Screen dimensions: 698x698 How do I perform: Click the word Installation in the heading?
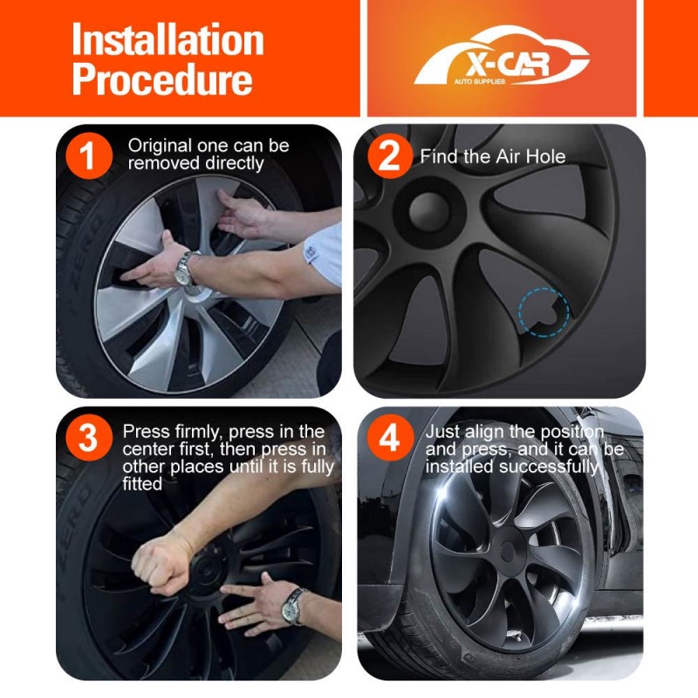(x=168, y=39)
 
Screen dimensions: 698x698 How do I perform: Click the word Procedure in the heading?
(x=162, y=79)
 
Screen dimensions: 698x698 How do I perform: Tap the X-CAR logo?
(x=502, y=56)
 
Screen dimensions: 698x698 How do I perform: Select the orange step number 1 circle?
(x=88, y=156)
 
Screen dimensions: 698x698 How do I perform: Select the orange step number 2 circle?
(x=389, y=156)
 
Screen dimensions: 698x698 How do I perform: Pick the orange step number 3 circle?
(x=88, y=438)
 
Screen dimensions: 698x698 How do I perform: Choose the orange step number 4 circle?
(x=389, y=438)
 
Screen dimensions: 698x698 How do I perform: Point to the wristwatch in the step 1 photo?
(x=184, y=269)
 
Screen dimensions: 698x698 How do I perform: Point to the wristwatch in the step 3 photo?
(x=293, y=606)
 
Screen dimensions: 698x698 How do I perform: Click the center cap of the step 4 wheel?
(x=508, y=550)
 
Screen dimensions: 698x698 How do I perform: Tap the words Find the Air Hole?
(x=493, y=157)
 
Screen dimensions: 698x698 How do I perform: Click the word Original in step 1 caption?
(x=160, y=146)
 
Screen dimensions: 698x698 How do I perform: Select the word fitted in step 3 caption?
(x=142, y=484)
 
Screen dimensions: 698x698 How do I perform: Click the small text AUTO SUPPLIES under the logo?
(x=479, y=81)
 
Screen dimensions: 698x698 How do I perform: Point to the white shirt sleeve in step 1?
(x=325, y=253)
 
